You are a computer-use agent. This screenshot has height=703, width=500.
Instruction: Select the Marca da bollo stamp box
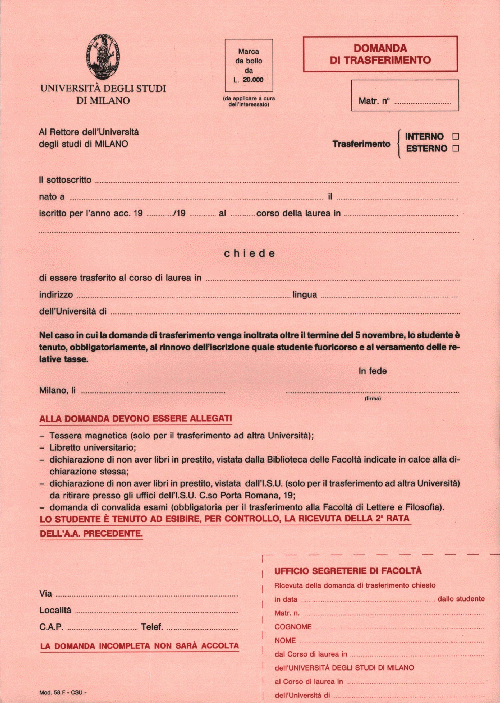[249, 64]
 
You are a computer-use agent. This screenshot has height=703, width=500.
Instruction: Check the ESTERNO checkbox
[455, 149]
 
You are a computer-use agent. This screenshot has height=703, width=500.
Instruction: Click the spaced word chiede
[249, 253]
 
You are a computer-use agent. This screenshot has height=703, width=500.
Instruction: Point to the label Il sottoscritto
[65, 179]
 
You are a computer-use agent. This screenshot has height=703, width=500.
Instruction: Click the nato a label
[51, 196]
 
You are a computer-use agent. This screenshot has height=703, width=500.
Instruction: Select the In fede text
[372, 371]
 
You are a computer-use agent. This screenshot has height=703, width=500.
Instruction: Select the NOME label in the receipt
[285, 639]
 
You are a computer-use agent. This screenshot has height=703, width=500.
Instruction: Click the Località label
[55, 610]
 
